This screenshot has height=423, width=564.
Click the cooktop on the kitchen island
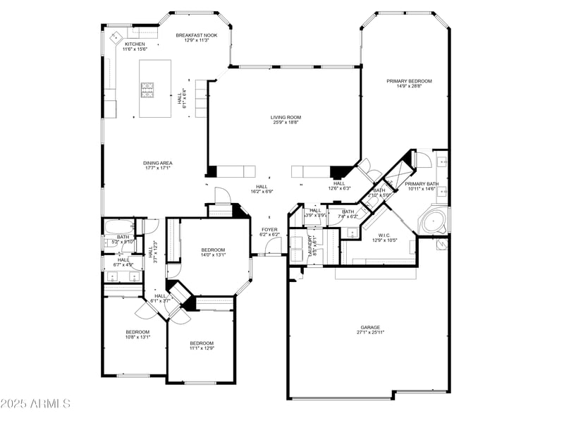click(149, 89)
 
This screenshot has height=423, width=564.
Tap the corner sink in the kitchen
click(115, 35)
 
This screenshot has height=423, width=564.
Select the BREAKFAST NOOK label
click(197, 35)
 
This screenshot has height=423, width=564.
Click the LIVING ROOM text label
click(286, 117)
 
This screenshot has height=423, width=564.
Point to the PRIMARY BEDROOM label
click(409, 81)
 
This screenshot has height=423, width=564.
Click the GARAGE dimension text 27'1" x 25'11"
click(370, 333)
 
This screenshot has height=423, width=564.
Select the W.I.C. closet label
click(384, 235)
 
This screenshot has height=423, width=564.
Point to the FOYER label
click(269, 229)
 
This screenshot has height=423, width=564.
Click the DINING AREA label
click(159, 163)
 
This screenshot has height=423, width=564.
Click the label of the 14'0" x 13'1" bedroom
click(213, 250)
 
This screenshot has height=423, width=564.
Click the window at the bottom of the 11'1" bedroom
click(200, 383)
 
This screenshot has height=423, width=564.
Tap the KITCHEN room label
click(135, 44)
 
